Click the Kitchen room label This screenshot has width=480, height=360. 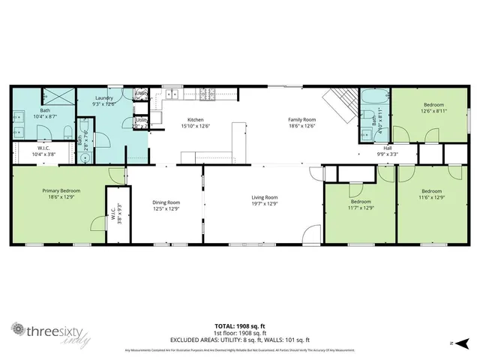(x=196, y=120)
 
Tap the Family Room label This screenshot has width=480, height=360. (x=303, y=120)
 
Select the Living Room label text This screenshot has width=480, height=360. (x=264, y=197)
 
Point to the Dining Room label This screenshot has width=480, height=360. (x=166, y=202)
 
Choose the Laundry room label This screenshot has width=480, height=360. (x=103, y=98)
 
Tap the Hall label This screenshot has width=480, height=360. (x=388, y=148)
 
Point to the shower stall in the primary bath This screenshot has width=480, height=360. (x=57, y=97)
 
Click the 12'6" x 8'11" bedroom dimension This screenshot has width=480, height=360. (x=433, y=110)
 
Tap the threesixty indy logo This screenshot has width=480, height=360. (x=47, y=331)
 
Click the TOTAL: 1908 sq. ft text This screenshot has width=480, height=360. (x=240, y=325)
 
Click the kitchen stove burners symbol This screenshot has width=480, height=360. (x=208, y=94)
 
